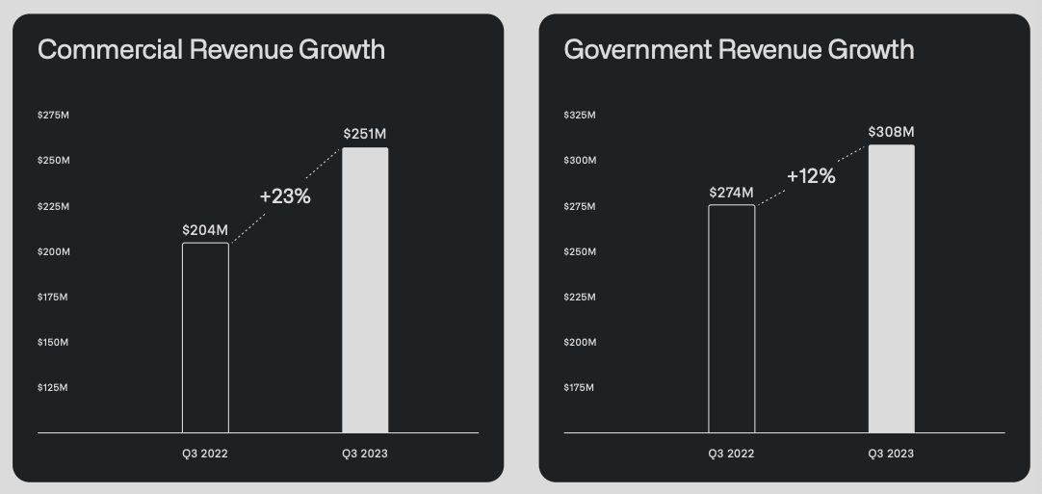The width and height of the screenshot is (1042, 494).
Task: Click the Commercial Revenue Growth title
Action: tap(211, 50)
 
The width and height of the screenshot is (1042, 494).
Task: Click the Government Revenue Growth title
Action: tap(739, 50)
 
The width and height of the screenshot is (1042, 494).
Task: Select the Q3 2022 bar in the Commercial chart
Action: tap(205, 338)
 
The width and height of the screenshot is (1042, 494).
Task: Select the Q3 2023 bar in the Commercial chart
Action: tap(365, 290)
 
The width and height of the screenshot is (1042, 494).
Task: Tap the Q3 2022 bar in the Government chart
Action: tap(732, 319)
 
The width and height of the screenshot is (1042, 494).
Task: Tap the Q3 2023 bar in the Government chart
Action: tap(891, 289)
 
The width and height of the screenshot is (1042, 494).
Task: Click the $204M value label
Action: tap(205, 230)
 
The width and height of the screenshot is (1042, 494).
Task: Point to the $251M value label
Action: tap(365, 134)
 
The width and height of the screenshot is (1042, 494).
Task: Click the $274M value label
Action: tap(731, 192)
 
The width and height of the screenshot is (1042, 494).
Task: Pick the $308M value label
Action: tap(891, 131)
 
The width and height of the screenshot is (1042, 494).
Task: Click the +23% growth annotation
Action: tap(285, 196)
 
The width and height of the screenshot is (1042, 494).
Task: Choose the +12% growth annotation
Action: tap(811, 176)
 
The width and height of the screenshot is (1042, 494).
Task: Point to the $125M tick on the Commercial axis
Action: tap(53, 388)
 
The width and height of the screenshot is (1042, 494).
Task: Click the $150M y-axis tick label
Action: tap(53, 343)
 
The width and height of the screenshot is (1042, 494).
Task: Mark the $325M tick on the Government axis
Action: tap(580, 116)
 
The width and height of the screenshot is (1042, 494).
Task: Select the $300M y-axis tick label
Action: tap(580, 161)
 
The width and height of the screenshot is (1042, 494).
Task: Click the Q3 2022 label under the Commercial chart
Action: tap(205, 454)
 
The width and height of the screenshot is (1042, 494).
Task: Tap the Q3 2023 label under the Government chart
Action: tap(891, 454)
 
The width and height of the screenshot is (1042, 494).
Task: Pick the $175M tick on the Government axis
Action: tap(580, 388)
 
